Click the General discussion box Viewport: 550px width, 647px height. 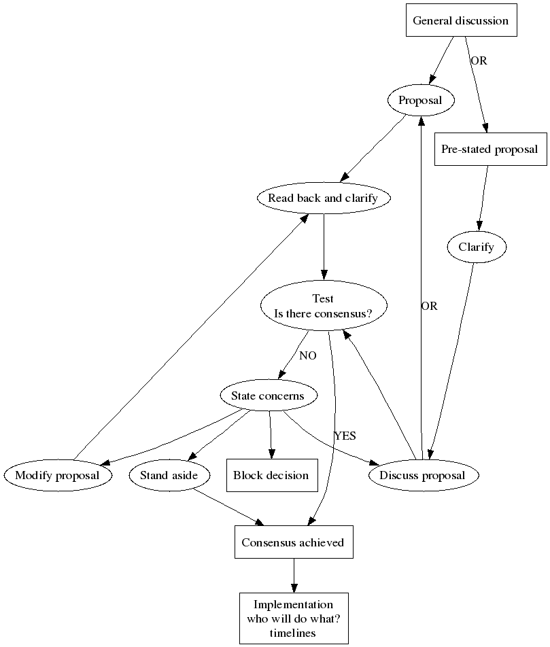tap(460, 21)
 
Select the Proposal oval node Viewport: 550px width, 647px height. tap(420, 101)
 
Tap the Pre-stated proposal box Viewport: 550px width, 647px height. tap(489, 150)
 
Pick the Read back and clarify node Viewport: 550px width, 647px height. tap(323, 198)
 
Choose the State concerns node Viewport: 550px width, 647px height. tap(270, 396)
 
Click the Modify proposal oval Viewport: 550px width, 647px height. tap(57, 476)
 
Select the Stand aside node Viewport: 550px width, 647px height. tap(169, 476)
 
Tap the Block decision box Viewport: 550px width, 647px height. tap(271, 476)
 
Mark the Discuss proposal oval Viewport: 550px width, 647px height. tap(422, 476)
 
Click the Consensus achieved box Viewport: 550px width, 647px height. tap(293, 542)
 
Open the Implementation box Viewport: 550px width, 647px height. tap(293, 618)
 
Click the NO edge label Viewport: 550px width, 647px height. tap(307, 355)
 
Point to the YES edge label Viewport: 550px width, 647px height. tap(345, 436)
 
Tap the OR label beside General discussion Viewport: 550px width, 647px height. tap(479, 60)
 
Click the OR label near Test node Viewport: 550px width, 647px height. tap(429, 307)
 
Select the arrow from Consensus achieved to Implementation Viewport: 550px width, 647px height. tap(294, 575)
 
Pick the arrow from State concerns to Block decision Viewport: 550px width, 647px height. tap(271, 435)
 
